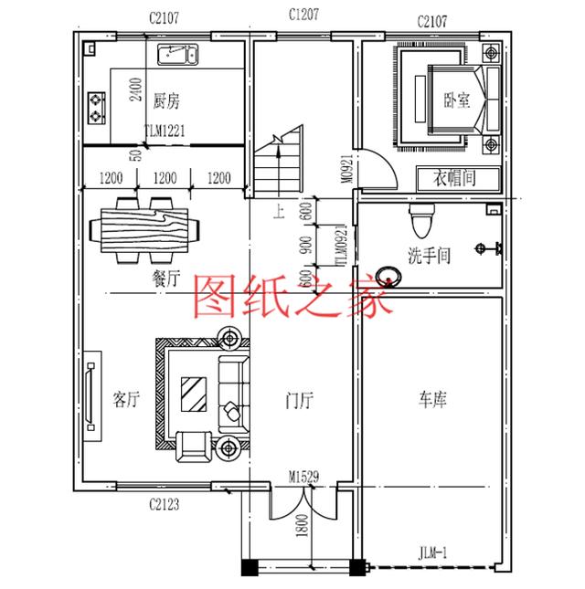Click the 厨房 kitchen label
click(x=166, y=100)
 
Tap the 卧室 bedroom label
click(x=458, y=100)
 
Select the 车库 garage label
click(x=433, y=399)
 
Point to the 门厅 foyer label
click(x=298, y=399)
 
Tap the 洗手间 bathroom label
click(x=430, y=256)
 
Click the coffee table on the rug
click(x=194, y=395)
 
